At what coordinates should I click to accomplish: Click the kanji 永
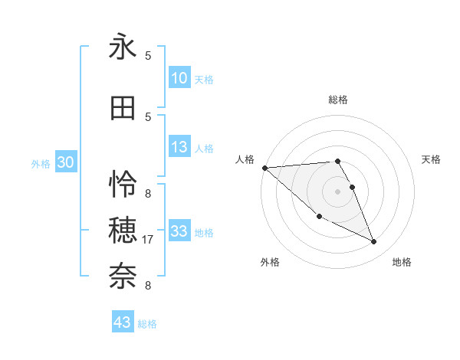tap(123, 47)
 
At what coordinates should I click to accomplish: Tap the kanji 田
tap(123, 109)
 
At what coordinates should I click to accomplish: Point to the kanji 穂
tap(123, 228)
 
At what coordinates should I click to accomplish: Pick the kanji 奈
tap(123, 273)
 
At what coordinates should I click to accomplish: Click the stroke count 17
tap(149, 240)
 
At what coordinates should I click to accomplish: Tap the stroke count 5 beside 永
tap(148, 56)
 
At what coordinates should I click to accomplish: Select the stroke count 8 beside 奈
tap(148, 286)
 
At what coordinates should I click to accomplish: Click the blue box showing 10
tap(179, 78)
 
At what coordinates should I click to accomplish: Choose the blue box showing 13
tap(179, 147)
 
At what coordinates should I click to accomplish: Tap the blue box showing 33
tap(179, 231)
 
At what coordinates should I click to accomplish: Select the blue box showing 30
tap(65, 162)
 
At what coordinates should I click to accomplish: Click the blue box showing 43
tap(122, 322)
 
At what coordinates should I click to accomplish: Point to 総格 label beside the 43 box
tap(147, 324)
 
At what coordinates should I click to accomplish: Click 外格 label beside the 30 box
tap(41, 163)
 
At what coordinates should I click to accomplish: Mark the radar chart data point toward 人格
tap(264, 168)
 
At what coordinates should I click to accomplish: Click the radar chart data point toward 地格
tap(374, 242)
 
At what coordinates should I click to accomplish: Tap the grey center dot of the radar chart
tap(337, 191)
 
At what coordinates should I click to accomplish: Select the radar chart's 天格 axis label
tap(432, 159)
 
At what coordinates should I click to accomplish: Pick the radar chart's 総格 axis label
tap(337, 100)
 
